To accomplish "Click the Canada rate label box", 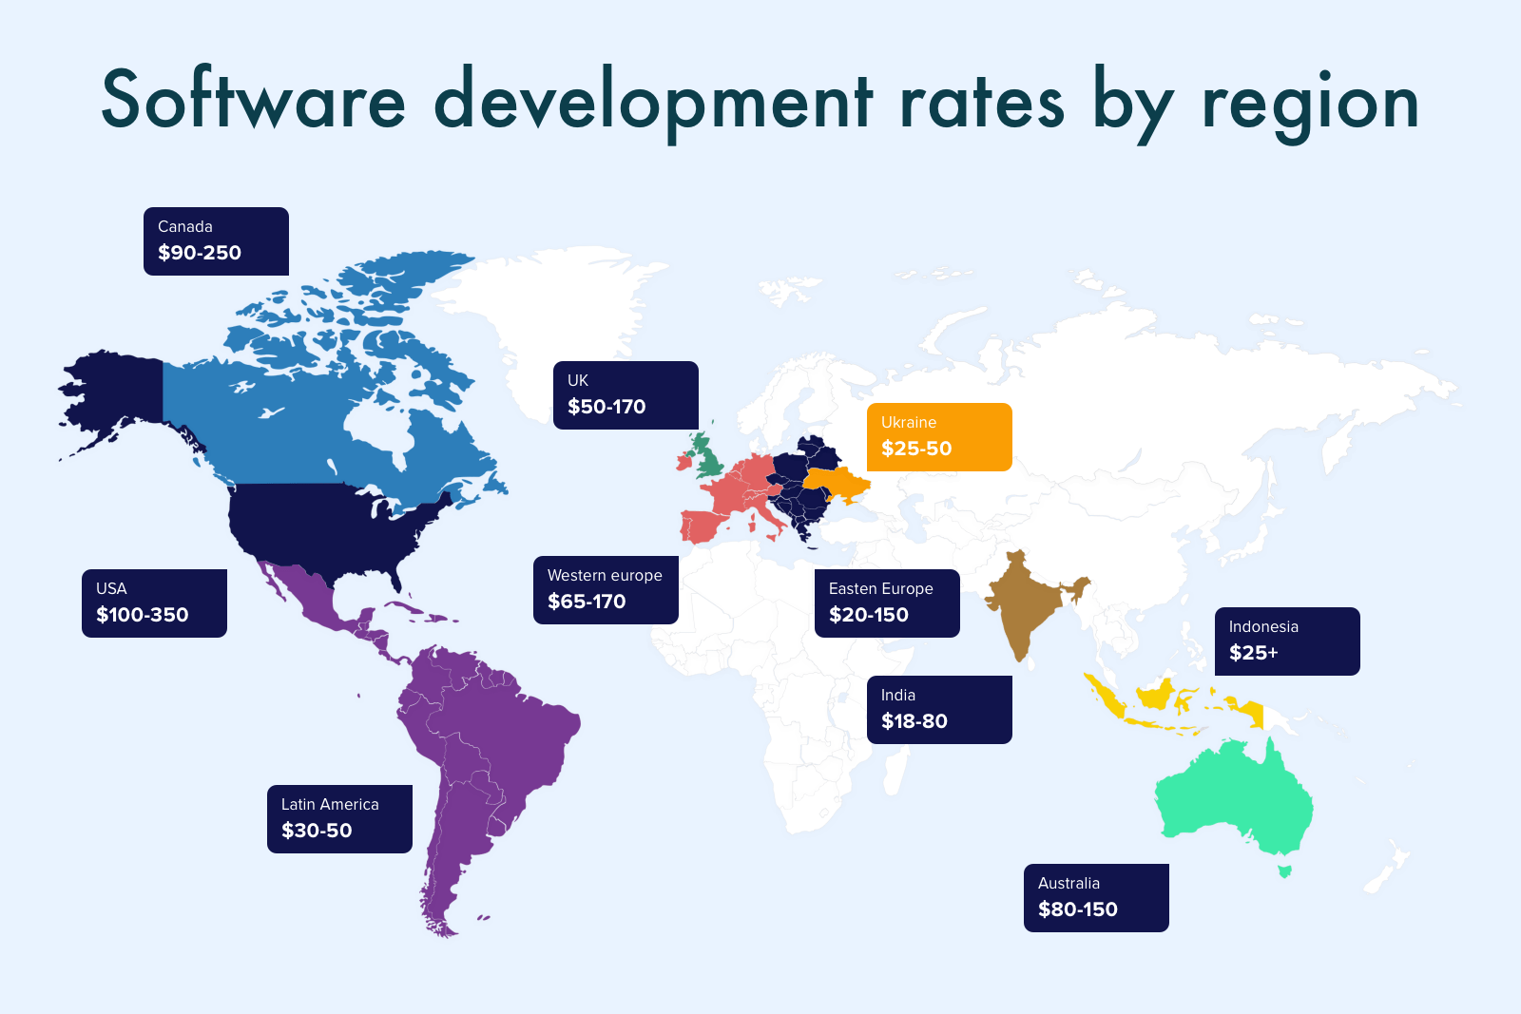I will [x=216, y=241].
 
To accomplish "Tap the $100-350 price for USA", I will [x=143, y=615].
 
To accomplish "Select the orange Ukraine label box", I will [x=939, y=437].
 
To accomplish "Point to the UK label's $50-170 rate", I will [x=606, y=407].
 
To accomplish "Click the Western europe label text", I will [x=605, y=576].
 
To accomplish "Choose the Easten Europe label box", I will [x=887, y=603].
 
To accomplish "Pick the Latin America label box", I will [x=339, y=819].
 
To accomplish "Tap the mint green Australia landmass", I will [x=1236, y=798].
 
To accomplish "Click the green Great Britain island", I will [x=707, y=459].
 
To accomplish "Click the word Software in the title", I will [x=253, y=101].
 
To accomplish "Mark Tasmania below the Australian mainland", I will [x=1285, y=871].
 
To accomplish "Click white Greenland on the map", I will [x=561, y=304].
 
